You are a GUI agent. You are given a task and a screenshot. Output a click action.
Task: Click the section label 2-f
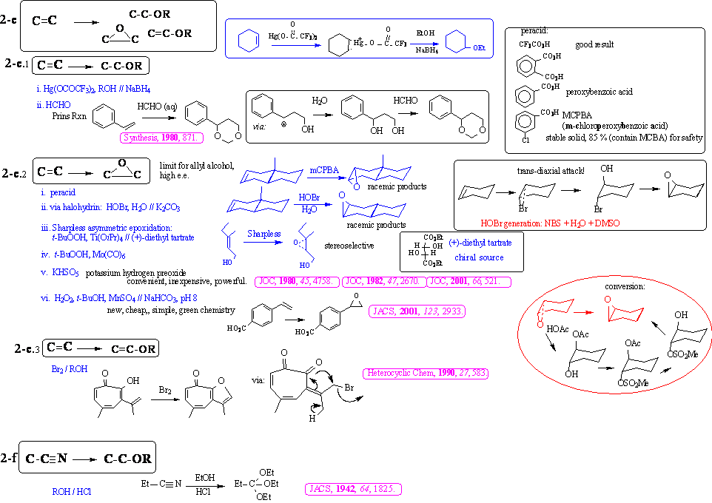10,459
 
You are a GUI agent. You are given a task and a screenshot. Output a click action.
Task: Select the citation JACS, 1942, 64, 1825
353,490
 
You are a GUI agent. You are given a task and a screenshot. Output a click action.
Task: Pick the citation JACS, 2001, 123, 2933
417,311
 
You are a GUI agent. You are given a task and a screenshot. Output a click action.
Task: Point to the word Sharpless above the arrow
264,233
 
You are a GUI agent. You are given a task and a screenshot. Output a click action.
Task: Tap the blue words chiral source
479,257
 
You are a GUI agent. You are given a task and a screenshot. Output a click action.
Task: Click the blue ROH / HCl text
73,490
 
